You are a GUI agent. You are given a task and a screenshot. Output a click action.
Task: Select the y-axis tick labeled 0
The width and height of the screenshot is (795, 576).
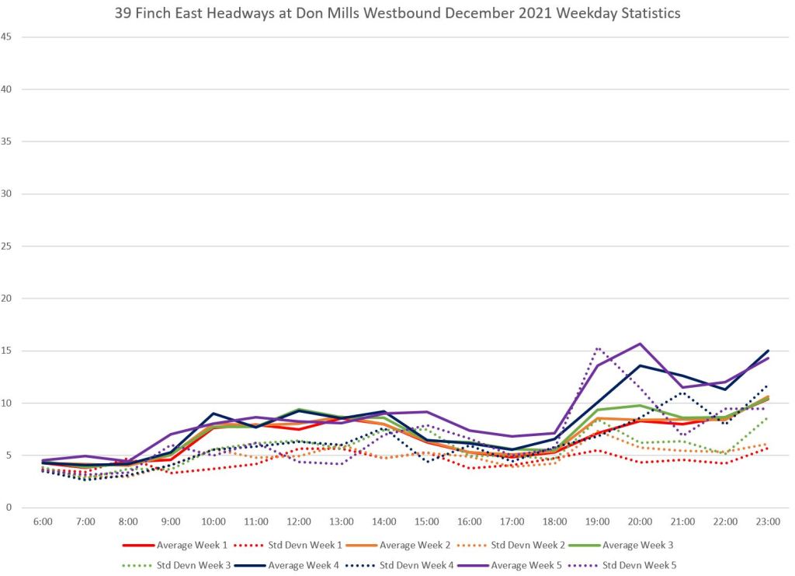tap(9, 508)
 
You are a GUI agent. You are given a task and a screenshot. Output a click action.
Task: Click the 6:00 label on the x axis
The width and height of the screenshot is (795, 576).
tap(43, 522)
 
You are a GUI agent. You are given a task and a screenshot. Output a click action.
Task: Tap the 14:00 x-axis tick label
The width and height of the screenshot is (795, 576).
tap(384, 522)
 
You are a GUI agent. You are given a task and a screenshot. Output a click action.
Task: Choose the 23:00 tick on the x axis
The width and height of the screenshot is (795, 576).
tap(768, 522)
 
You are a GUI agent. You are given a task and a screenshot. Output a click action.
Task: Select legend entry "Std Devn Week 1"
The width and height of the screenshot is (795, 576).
tap(308, 545)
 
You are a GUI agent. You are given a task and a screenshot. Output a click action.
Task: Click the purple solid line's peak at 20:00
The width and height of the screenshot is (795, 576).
tap(640, 344)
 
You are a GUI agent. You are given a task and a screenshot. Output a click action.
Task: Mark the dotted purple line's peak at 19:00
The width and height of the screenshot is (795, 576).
tap(597, 347)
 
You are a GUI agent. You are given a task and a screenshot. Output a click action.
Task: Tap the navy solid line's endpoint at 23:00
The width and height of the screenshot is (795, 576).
tap(768, 351)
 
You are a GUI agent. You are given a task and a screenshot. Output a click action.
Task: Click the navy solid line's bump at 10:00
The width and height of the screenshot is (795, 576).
tap(214, 414)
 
